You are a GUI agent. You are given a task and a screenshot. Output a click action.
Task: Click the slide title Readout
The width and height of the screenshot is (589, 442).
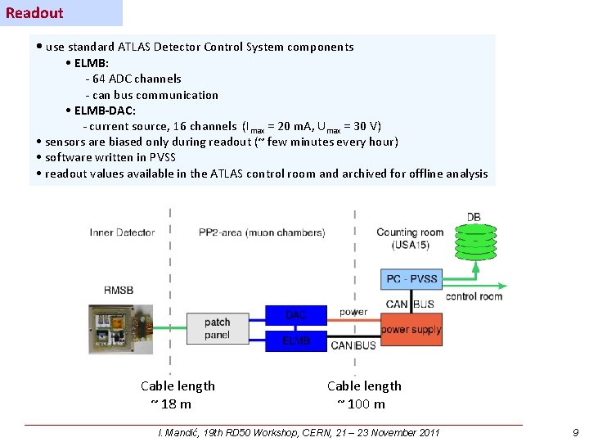click(34, 12)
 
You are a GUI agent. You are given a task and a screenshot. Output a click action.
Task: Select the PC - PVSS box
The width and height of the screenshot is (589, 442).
click(411, 279)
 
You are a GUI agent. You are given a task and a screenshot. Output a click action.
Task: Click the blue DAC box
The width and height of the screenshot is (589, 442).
click(295, 314)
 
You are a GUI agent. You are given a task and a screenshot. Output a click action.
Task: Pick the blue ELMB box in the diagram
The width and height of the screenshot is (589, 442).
click(295, 341)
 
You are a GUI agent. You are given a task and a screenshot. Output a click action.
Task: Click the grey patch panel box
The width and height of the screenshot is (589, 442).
click(217, 328)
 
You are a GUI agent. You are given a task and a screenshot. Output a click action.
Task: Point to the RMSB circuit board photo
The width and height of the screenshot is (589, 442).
click(120, 329)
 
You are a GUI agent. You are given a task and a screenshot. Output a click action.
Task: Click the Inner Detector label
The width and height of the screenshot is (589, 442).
click(122, 232)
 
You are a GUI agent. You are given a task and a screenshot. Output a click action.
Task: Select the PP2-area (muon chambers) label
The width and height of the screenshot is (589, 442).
click(261, 232)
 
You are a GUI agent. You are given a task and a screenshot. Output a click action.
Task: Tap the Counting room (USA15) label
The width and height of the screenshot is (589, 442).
click(409, 238)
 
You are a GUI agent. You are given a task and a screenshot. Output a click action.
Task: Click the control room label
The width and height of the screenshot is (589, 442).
click(474, 296)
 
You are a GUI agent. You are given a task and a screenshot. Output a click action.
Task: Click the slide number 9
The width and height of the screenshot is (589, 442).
click(575, 432)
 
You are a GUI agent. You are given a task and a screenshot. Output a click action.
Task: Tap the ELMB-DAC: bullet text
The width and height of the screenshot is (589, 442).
click(105, 110)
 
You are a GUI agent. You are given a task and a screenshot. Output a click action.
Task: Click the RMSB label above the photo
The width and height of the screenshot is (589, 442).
click(119, 289)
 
